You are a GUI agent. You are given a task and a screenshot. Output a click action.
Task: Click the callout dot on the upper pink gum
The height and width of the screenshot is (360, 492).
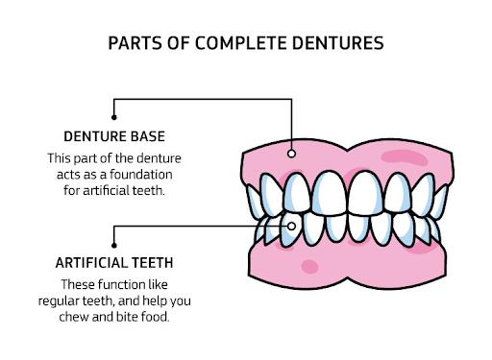coord(292,152)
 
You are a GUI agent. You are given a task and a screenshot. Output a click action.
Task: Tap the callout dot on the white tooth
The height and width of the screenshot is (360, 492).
coord(292,227)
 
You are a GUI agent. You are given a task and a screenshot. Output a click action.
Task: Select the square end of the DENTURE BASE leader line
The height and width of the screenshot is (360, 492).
coord(115,101)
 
